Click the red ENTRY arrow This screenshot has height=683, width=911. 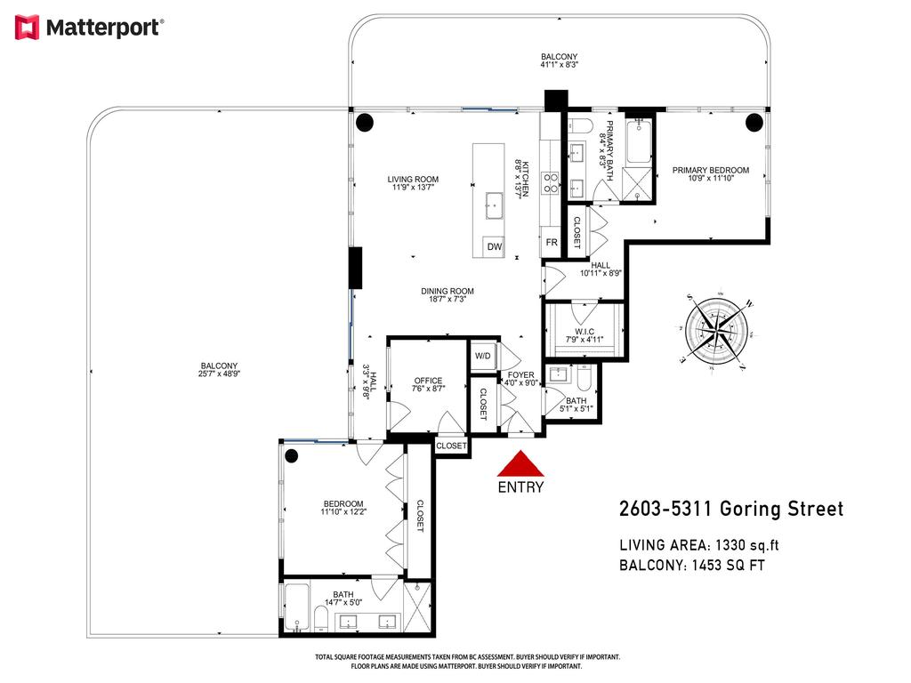(520, 465)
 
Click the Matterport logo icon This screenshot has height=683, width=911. (28, 28)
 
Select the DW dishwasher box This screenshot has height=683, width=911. (495, 247)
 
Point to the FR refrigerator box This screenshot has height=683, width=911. (551, 242)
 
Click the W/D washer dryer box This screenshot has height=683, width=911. (483, 356)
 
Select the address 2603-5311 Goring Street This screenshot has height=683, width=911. (730, 510)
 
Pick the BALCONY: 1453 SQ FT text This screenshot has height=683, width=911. (691, 566)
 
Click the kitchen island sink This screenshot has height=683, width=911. (494, 206)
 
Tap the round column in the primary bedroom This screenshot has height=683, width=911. (754, 122)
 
